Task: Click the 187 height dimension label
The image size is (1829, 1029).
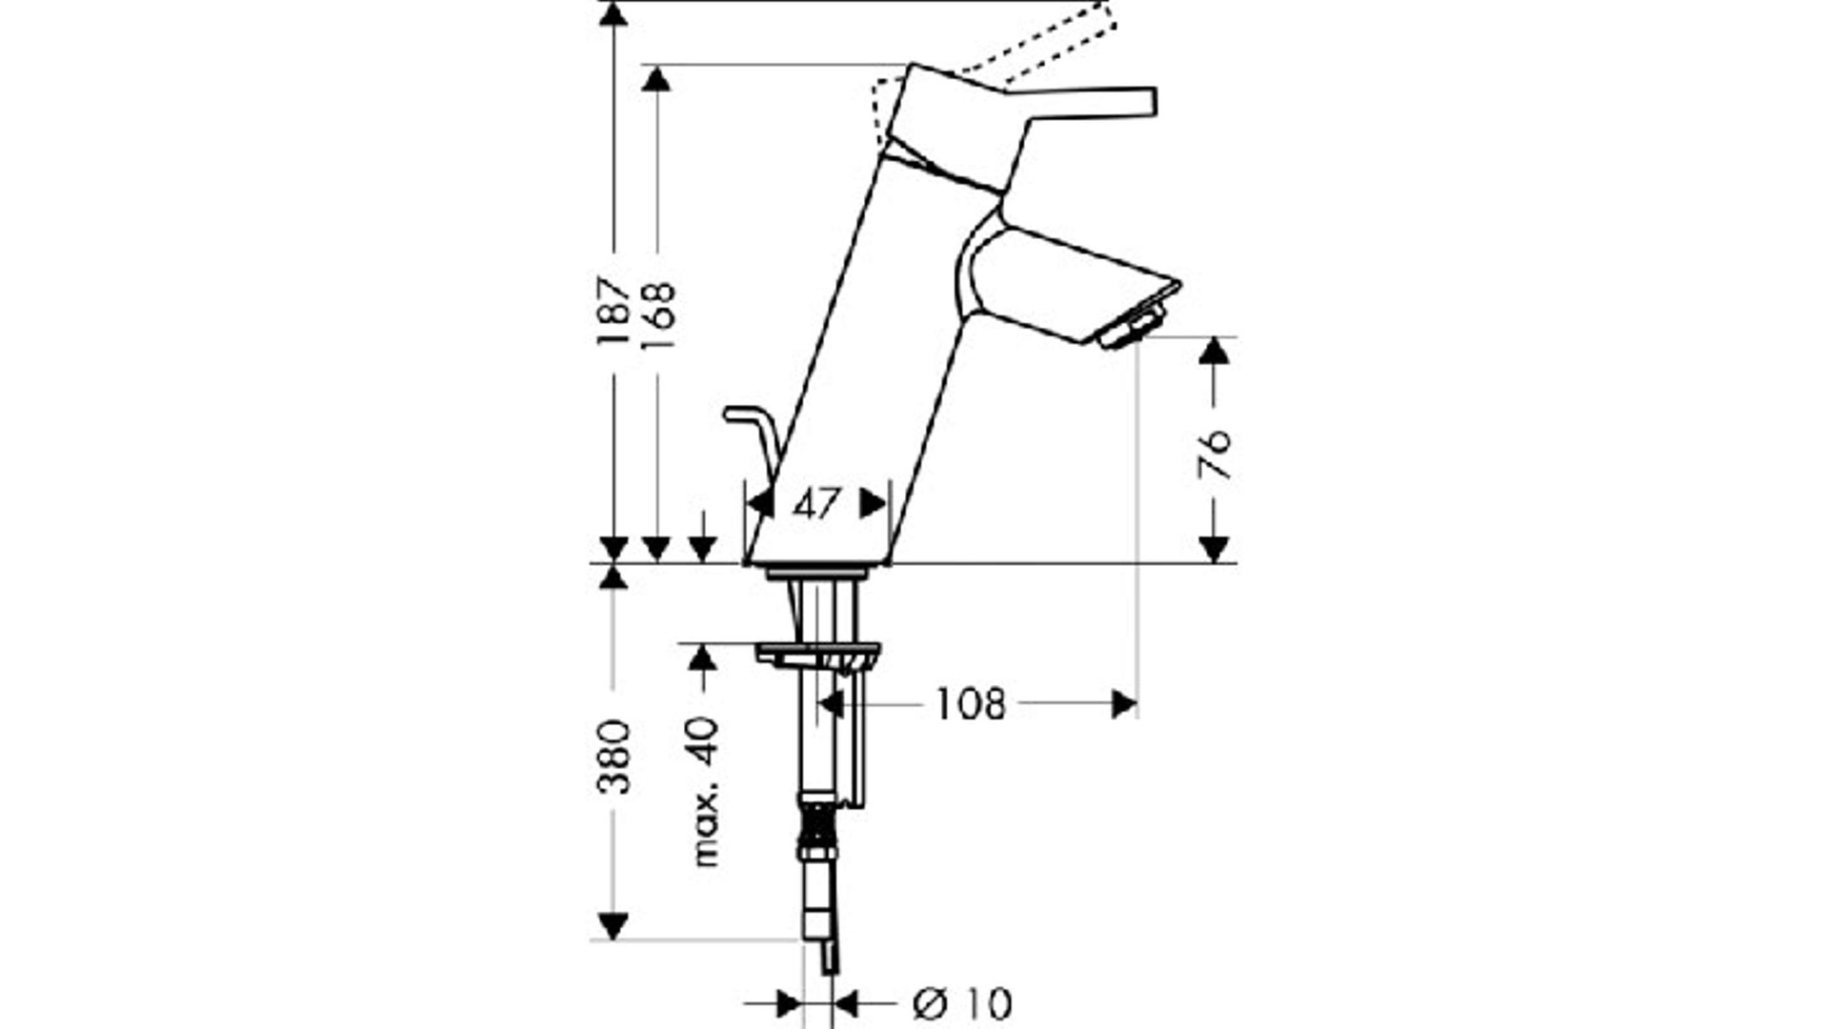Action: pyautogui.click(x=614, y=311)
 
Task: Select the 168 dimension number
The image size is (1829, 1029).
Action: pyautogui.click(x=658, y=314)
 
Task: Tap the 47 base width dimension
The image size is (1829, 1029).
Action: pyautogui.click(x=816, y=504)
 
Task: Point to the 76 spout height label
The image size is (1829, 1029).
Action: pyautogui.click(x=1215, y=454)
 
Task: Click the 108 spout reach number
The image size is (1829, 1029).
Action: pyautogui.click(x=970, y=705)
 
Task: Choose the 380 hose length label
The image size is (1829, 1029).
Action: pyautogui.click(x=614, y=757)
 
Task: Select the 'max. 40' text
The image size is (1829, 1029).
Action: pyautogui.click(x=705, y=792)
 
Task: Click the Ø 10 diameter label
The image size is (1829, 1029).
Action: pyautogui.click(x=962, y=1004)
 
